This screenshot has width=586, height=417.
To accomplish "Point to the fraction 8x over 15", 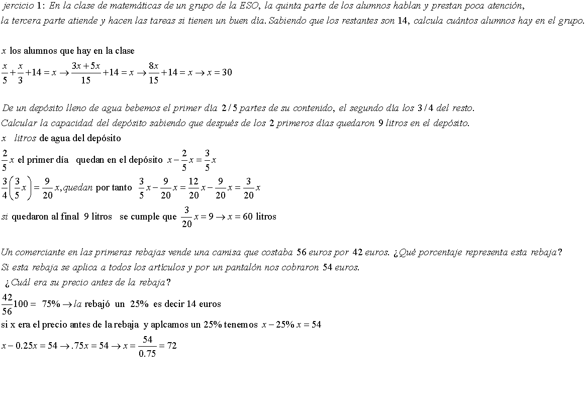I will pos(153,73).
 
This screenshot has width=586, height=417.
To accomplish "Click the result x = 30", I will pos(220,72).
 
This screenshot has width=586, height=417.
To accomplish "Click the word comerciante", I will pos(37,252).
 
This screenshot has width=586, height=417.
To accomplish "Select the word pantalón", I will pos(250,267).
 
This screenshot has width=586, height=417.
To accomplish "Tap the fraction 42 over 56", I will pos(7,304).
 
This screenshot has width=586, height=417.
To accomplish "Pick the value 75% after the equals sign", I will pos(51,304).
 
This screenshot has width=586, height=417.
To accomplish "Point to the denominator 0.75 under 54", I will pos(147,354).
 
